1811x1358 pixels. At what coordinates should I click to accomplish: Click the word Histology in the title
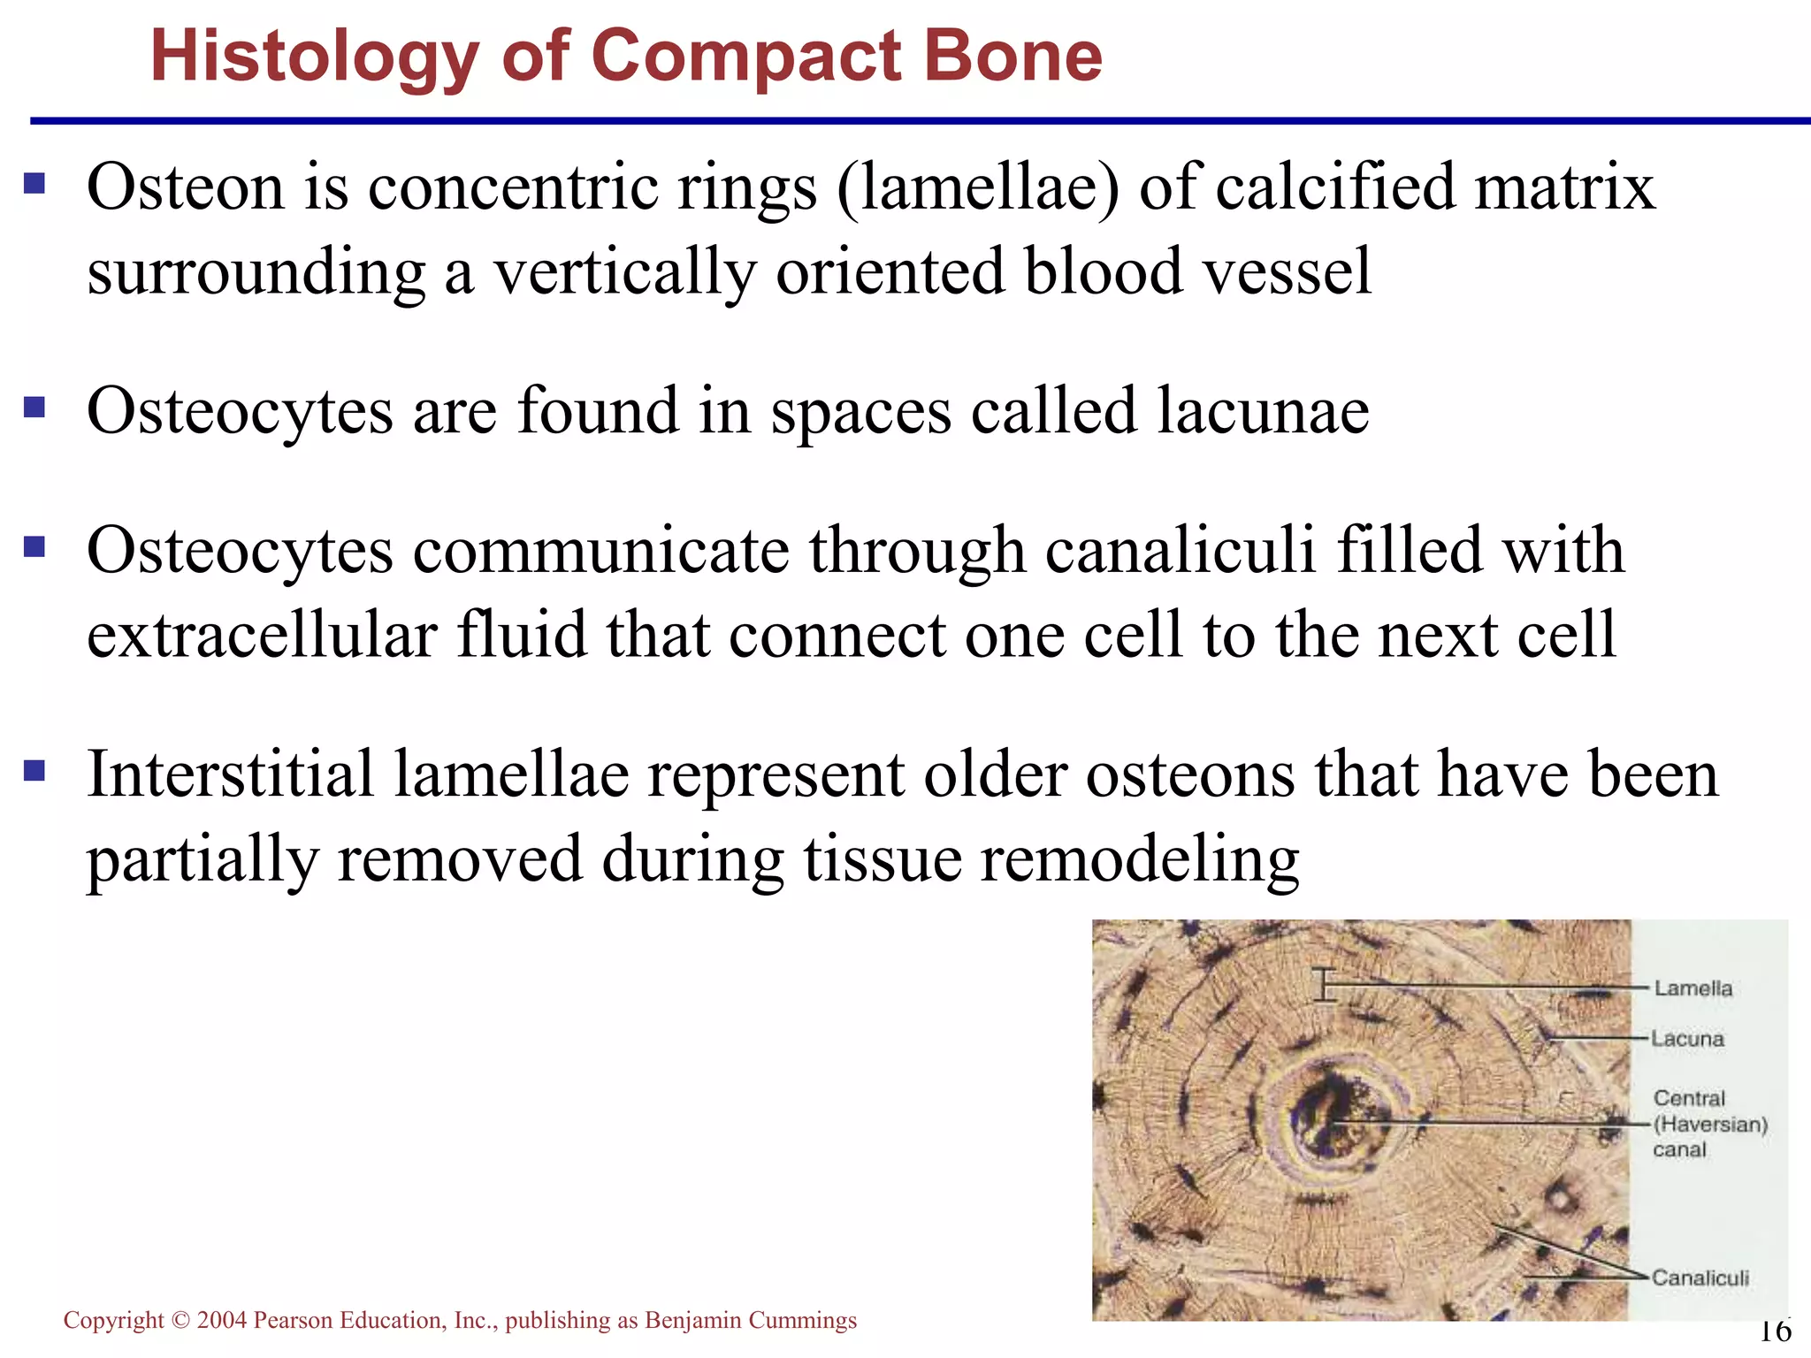click(x=314, y=57)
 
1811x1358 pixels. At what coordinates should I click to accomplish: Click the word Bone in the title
click(x=1012, y=56)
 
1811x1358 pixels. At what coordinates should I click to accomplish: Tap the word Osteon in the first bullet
click(x=186, y=187)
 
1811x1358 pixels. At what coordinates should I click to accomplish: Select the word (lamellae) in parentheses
click(x=977, y=187)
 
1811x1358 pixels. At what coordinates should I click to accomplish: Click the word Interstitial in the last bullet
click(x=230, y=774)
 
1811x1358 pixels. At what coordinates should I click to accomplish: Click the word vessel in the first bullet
click(x=1288, y=271)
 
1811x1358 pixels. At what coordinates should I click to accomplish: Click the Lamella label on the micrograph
click(x=1693, y=988)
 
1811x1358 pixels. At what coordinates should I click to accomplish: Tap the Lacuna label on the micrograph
click(x=1687, y=1039)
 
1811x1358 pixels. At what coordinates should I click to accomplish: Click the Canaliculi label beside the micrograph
click(x=1700, y=1278)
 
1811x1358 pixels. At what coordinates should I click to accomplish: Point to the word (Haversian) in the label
click(x=1710, y=1125)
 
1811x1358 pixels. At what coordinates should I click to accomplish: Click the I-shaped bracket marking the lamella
click(x=1324, y=984)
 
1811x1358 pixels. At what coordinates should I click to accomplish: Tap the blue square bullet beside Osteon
click(x=34, y=183)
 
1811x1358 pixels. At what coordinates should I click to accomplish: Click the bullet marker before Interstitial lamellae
click(x=34, y=771)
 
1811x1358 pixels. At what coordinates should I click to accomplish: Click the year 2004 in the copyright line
click(x=221, y=1320)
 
